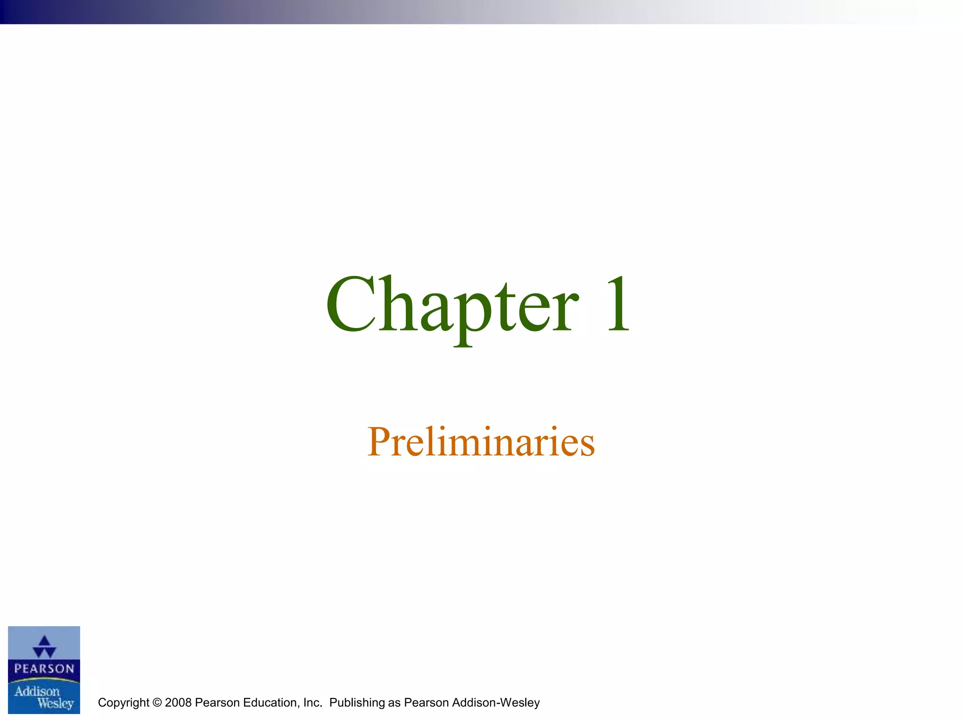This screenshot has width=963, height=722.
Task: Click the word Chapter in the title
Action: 451,306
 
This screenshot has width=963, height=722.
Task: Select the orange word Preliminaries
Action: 481,442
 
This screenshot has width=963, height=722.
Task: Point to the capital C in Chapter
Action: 350,305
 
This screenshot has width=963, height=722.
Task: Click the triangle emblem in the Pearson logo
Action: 44,647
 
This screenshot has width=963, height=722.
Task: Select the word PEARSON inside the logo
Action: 44,668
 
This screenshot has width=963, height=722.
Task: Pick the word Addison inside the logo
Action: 37,691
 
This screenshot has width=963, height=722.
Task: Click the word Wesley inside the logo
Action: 55,704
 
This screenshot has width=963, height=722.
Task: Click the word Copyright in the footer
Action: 124,703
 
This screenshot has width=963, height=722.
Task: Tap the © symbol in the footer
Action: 157,703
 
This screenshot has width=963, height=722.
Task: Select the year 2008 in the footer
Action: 178,703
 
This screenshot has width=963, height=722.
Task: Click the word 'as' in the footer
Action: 394,703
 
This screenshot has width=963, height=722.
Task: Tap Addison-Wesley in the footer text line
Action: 496,703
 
